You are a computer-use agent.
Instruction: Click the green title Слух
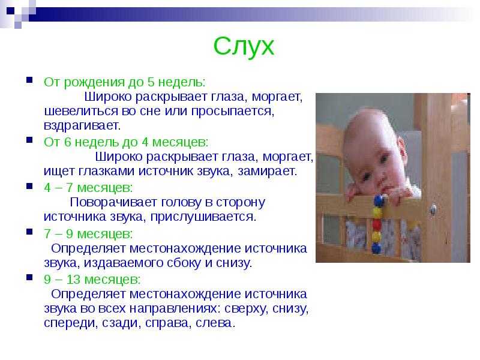click(x=244, y=47)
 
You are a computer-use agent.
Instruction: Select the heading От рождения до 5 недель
click(x=125, y=82)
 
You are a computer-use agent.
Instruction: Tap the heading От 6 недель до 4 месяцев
click(x=126, y=142)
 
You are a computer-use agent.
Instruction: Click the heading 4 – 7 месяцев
click(x=88, y=188)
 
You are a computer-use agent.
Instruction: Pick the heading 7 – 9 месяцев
click(x=88, y=233)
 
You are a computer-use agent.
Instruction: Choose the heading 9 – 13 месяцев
click(x=92, y=279)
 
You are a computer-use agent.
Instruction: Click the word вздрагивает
click(x=82, y=125)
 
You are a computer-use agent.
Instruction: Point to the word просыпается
click(x=233, y=111)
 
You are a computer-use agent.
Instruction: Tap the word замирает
click(x=267, y=171)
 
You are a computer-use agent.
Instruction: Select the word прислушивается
click(x=203, y=217)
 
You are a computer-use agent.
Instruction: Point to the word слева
click(x=215, y=323)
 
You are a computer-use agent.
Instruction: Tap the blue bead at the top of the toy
click(x=379, y=201)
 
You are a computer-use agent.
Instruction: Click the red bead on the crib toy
click(x=377, y=225)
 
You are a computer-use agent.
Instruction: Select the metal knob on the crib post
click(x=433, y=209)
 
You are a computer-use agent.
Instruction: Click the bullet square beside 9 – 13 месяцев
click(x=29, y=278)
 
